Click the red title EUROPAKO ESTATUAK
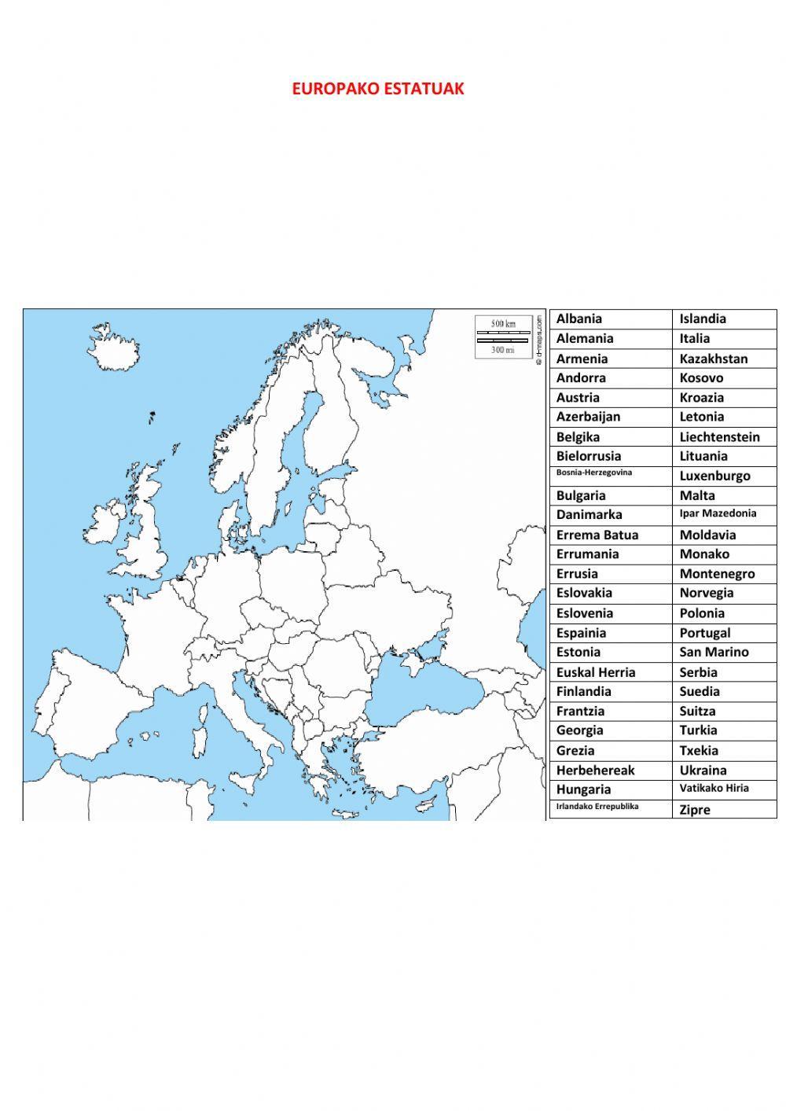coord(378,89)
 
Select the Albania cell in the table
coord(579,318)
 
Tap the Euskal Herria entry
coord(596,672)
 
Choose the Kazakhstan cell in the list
coord(714,359)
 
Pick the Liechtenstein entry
coord(719,437)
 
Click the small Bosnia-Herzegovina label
coord(594,473)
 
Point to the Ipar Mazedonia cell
coord(718,513)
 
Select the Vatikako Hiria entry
coord(714,788)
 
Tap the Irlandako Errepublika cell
coord(597,806)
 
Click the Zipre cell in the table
coord(695,810)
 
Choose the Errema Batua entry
coord(597,535)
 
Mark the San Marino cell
coord(714,652)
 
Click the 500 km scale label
coord(503,323)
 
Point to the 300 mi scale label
coord(503,350)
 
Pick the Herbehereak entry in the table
coord(595,771)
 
